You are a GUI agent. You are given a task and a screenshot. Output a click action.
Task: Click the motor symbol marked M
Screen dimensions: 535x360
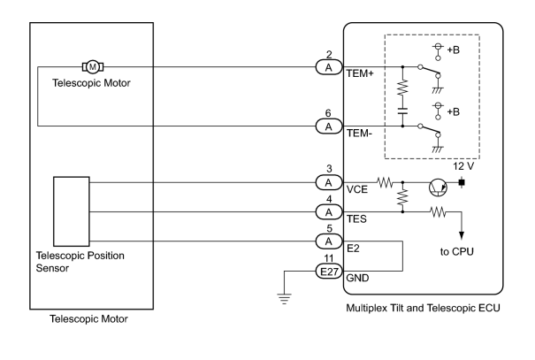click(x=93, y=66)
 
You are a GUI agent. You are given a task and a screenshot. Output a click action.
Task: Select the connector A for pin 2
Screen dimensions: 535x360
click(x=329, y=67)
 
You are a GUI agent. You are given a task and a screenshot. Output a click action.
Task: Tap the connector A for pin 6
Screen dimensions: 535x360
click(x=329, y=126)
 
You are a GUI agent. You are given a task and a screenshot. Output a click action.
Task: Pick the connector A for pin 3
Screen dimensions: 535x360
click(x=329, y=182)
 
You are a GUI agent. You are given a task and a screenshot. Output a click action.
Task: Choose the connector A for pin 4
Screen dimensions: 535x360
click(x=329, y=212)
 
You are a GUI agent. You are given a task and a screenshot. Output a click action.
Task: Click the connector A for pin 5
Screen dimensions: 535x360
click(x=329, y=241)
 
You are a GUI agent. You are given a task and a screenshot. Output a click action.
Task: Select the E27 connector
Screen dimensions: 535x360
click(x=329, y=272)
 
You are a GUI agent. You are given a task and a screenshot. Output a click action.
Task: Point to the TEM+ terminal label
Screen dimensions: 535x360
click(x=360, y=73)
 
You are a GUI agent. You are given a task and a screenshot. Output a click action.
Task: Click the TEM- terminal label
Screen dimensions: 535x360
click(x=359, y=133)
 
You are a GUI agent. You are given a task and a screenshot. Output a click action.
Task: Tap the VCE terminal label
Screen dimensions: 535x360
click(x=357, y=189)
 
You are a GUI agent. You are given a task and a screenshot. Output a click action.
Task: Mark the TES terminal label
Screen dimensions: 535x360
click(x=356, y=218)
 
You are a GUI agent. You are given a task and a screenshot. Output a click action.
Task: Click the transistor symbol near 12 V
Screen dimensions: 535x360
click(x=438, y=188)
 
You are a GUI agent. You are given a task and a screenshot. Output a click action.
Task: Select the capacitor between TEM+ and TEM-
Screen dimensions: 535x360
click(x=402, y=111)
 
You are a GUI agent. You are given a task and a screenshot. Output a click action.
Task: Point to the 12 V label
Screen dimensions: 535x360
click(x=463, y=166)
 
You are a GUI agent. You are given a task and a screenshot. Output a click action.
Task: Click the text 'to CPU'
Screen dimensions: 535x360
click(x=457, y=251)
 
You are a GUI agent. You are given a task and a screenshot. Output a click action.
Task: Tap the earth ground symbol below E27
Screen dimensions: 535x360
click(x=284, y=298)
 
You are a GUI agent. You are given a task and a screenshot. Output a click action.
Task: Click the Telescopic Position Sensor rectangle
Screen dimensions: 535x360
click(x=72, y=211)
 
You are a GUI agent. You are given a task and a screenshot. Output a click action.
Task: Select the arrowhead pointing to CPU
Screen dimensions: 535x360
click(x=462, y=235)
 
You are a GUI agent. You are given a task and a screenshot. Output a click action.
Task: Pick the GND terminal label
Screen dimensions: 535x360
click(x=357, y=278)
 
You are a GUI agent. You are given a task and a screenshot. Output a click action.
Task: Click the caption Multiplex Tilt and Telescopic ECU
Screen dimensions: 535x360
click(x=423, y=308)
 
